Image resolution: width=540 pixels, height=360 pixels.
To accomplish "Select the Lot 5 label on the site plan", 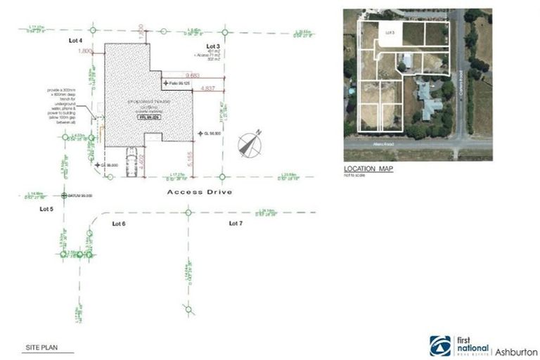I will [47, 209].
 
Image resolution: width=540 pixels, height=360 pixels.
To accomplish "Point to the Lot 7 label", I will [236, 223].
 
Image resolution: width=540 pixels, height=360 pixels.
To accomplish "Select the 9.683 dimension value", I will [194, 75].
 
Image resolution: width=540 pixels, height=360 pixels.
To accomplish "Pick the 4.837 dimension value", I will [208, 89].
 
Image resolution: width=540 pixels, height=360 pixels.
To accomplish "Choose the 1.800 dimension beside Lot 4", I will [86, 52].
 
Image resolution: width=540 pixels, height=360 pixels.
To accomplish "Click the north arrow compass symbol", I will [250, 143].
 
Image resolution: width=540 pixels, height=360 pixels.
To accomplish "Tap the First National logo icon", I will [440, 345].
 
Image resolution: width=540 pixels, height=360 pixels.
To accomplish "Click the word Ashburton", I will [517, 351].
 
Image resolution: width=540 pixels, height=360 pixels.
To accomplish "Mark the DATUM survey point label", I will [79, 195].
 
